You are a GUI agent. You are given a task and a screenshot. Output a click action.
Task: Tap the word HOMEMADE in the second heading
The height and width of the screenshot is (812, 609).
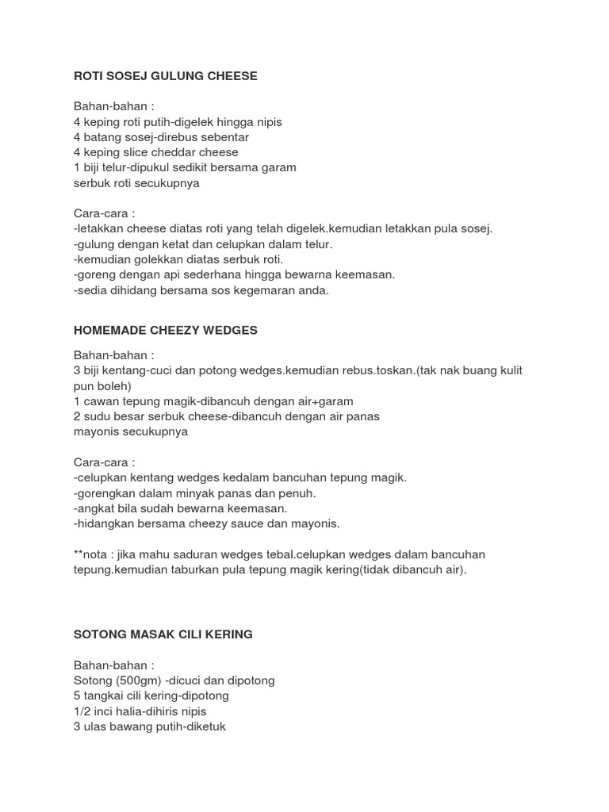pyautogui.click(x=110, y=330)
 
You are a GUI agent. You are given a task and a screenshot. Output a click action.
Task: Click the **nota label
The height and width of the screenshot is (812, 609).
pyautogui.click(x=91, y=554)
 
